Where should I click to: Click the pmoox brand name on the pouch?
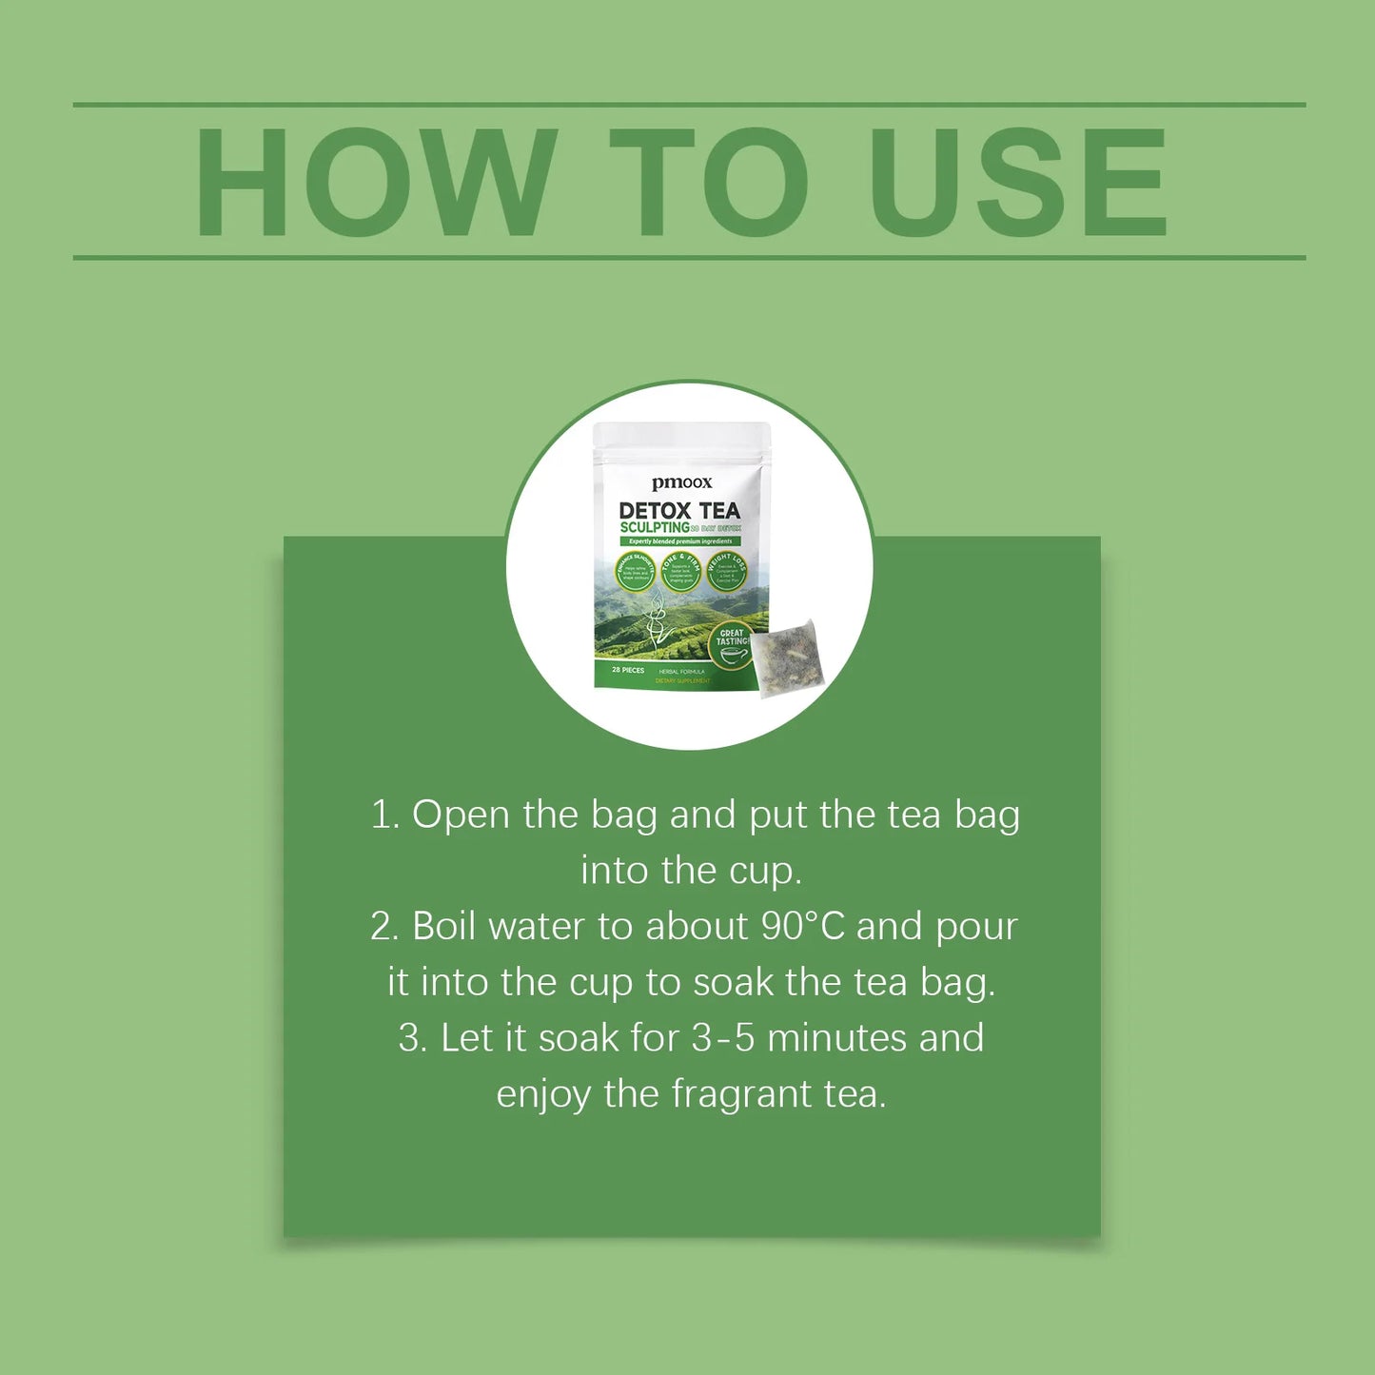681,483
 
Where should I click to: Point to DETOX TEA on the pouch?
679,511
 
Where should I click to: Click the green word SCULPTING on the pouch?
654,527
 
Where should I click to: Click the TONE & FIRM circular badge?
680,571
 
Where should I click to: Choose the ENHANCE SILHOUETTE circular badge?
635,571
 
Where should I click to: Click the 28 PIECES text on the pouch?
628,670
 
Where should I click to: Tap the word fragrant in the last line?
741,1094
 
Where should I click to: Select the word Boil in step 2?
443,927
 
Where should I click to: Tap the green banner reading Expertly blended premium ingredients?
680,541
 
